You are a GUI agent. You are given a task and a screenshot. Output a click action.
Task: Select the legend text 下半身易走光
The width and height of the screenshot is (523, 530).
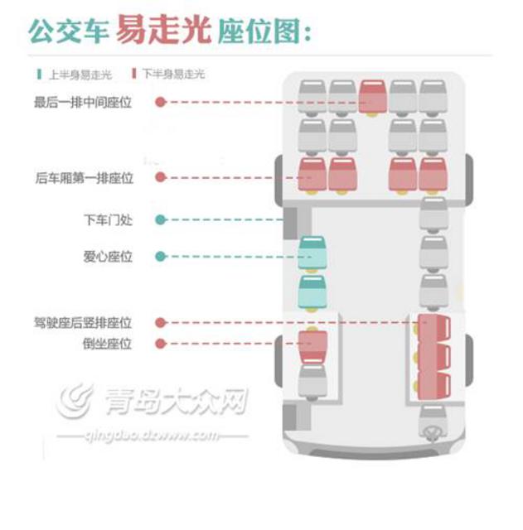click(x=172, y=75)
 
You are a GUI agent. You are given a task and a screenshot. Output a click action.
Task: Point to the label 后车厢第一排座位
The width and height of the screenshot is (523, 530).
click(x=84, y=178)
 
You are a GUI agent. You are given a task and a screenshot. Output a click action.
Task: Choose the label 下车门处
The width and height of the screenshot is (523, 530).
click(x=108, y=220)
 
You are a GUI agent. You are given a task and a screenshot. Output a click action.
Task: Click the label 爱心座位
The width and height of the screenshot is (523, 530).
click(x=108, y=257)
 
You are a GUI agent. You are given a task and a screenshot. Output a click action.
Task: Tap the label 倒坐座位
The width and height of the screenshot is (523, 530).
click(x=108, y=344)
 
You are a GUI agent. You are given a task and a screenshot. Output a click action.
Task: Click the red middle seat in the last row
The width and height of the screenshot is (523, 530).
click(x=372, y=97)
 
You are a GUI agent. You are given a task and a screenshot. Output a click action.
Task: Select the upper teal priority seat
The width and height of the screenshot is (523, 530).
click(x=312, y=253)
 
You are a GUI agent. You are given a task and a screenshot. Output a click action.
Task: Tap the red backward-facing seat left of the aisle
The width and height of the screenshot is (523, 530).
click(x=312, y=347)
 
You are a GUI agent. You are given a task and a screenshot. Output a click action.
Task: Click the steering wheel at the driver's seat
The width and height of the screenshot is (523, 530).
click(x=431, y=432)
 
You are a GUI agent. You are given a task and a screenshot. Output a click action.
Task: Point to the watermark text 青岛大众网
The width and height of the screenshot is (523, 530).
click(x=174, y=403)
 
